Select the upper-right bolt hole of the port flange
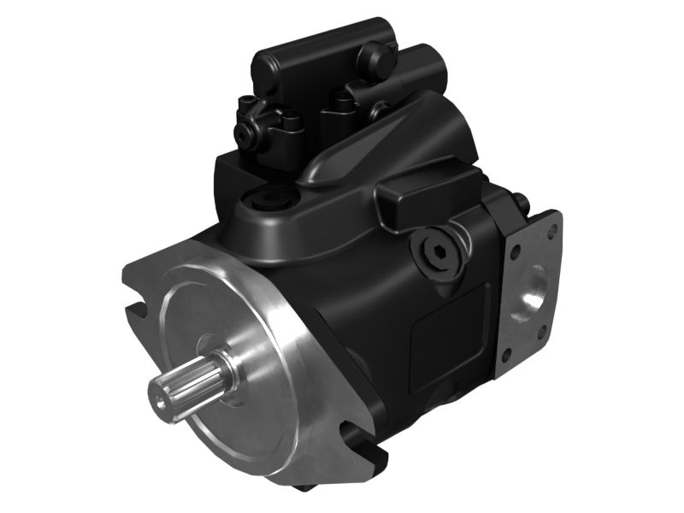point(554,228)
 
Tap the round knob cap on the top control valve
point(373,57)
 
